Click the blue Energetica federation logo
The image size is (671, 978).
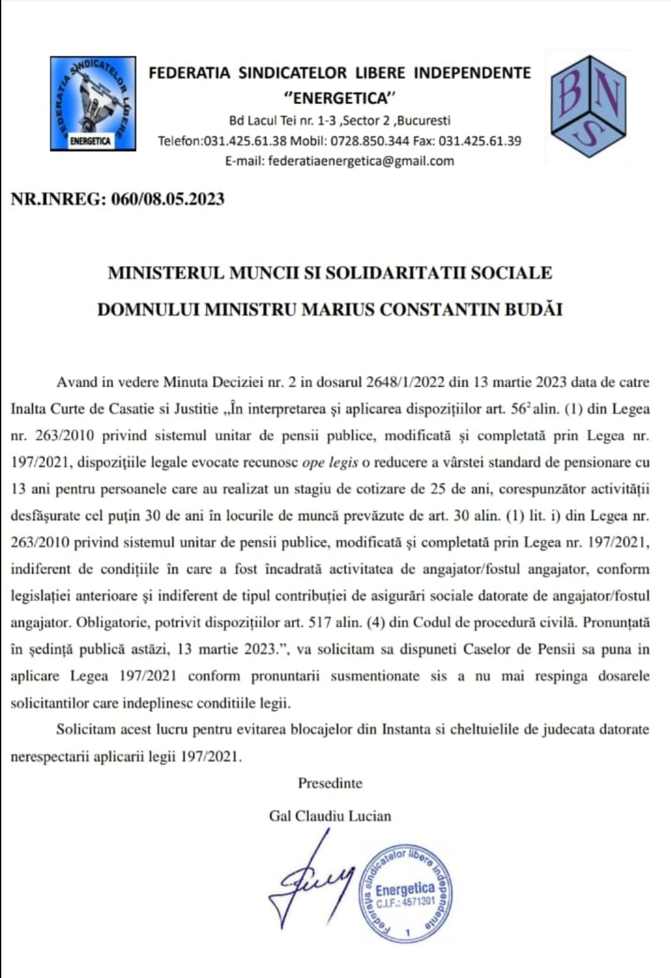click(x=93, y=103)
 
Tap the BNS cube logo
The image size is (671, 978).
click(x=588, y=106)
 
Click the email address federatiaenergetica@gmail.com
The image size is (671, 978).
click(x=361, y=161)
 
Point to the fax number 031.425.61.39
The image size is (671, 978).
click(x=480, y=141)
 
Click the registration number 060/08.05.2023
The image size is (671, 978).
click(x=168, y=199)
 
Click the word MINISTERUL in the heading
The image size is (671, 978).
click(x=165, y=273)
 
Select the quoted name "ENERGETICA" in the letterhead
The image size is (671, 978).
click(x=340, y=98)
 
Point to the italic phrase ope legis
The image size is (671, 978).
click(x=330, y=462)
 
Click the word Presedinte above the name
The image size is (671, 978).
click(x=330, y=783)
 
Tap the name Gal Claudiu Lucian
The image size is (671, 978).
click(x=330, y=816)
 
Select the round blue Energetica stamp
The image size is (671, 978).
click(x=405, y=893)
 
